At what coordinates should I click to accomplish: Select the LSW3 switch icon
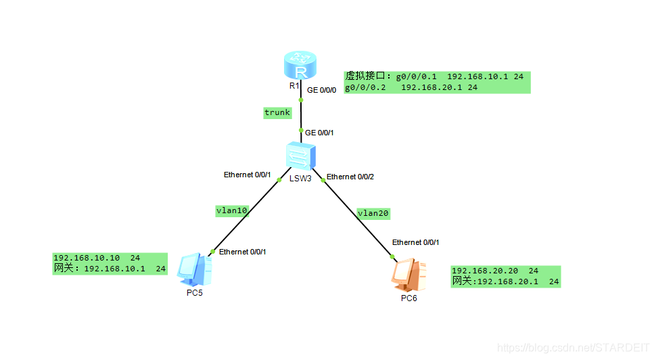(x=300, y=156)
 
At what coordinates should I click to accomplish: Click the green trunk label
(x=277, y=113)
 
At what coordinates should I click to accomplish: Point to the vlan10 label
(x=231, y=210)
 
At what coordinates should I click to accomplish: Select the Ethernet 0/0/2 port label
(x=350, y=177)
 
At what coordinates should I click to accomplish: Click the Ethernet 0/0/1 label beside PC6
(x=420, y=242)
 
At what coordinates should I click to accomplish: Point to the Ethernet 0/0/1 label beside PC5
(x=243, y=252)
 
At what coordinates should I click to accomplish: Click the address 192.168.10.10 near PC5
(x=87, y=258)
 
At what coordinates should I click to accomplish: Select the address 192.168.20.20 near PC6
(x=485, y=270)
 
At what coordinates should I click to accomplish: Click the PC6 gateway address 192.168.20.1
(x=507, y=282)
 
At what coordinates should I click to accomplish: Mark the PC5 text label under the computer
(x=195, y=293)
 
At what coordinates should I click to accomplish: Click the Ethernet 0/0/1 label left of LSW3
(x=248, y=175)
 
